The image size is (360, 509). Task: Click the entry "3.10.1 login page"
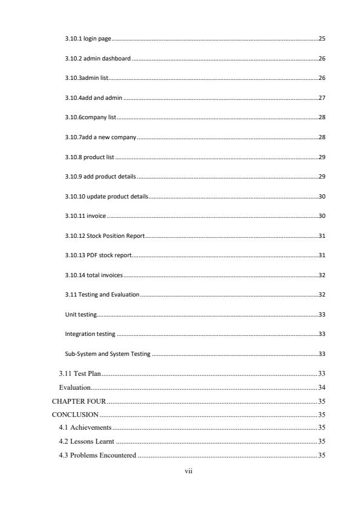pos(88,39)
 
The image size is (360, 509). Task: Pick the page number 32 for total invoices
pos(322,275)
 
